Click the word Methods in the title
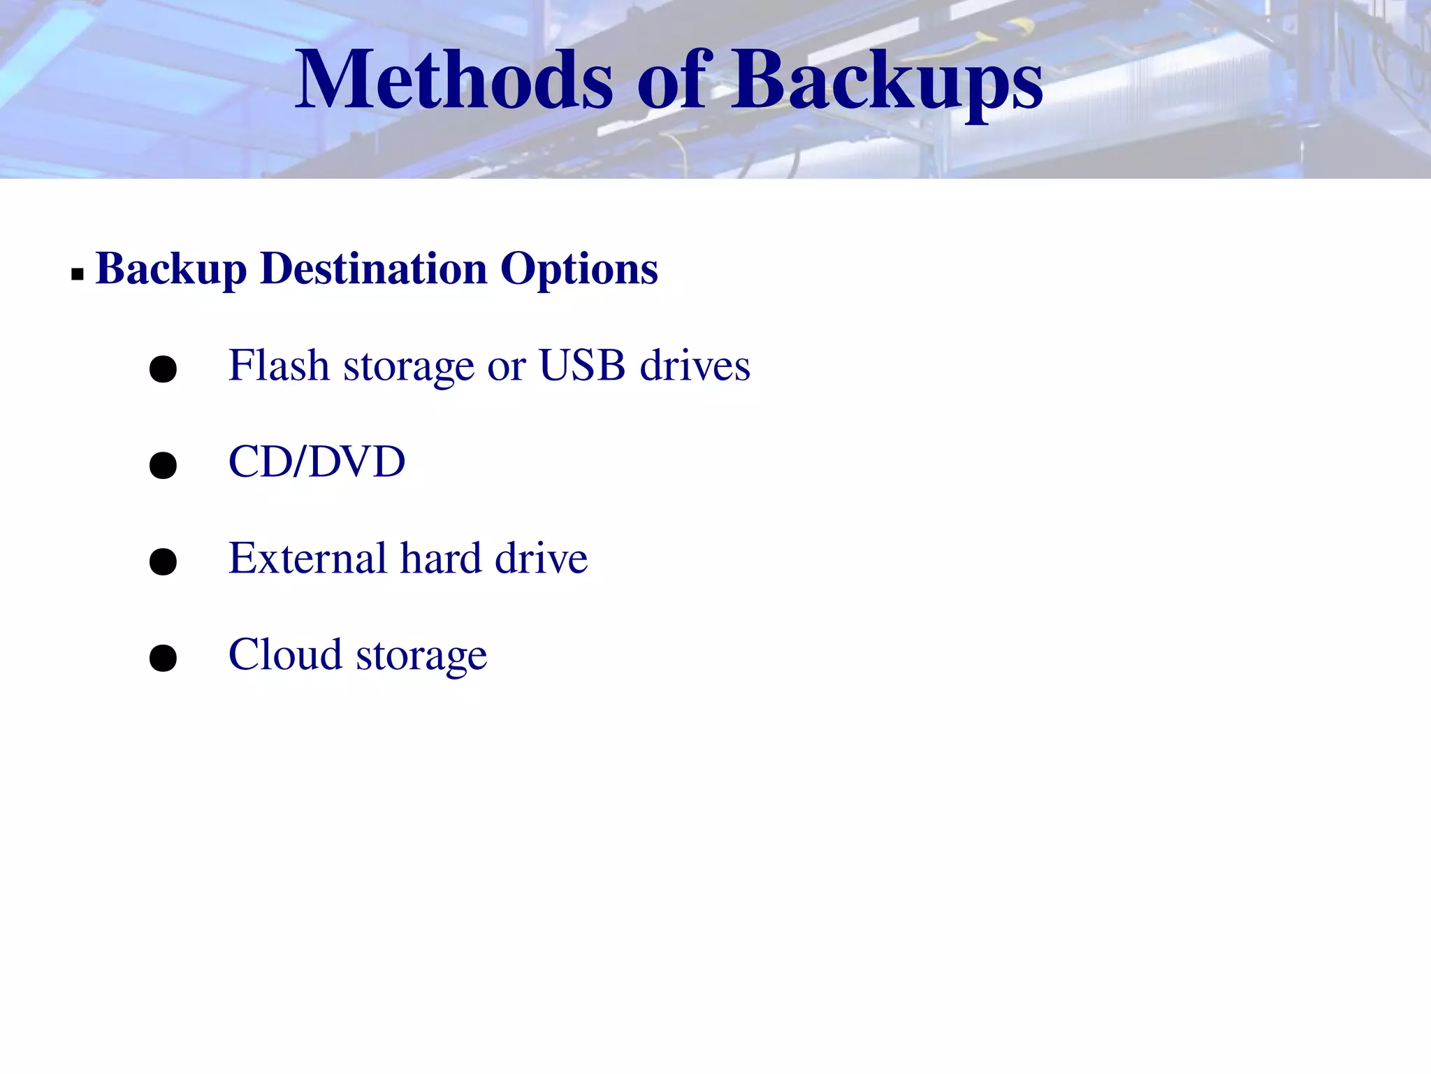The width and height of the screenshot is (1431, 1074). pyautogui.click(x=453, y=80)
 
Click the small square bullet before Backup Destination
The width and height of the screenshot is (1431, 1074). pyautogui.click(x=77, y=274)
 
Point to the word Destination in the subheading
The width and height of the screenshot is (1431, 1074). pyautogui.click(x=374, y=268)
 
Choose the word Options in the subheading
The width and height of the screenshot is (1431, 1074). pyautogui.click(x=579, y=270)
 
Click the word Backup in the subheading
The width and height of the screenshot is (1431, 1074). pyautogui.click(x=171, y=270)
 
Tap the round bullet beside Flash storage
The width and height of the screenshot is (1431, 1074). pyautogui.click(x=163, y=368)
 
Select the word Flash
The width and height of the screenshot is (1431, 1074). pyautogui.click(x=279, y=365)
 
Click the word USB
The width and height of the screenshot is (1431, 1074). pyautogui.click(x=582, y=365)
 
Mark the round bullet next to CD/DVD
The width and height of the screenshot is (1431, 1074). pyautogui.click(x=163, y=465)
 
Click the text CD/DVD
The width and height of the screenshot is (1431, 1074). pyautogui.click(x=317, y=461)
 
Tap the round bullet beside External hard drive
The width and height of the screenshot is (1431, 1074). pyautogui.click(x=163, y=561)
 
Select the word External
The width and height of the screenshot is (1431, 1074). pyautogui.click(x=307, y=558)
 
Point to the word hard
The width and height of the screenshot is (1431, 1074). pyautogui.click(x=441, y=558)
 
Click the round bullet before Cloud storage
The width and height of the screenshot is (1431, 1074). pyautogui.click(x=163, y=658)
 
